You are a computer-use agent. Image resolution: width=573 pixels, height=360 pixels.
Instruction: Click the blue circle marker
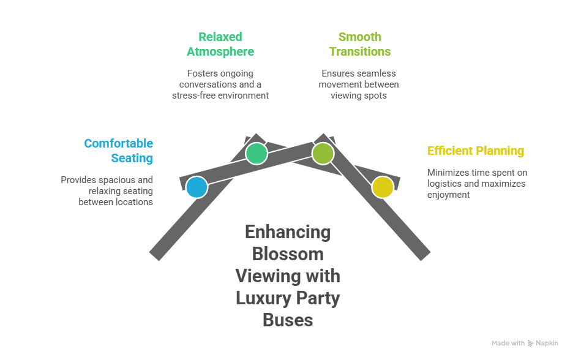click(197, 187)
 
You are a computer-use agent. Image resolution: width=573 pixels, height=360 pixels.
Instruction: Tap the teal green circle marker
click(257, 153)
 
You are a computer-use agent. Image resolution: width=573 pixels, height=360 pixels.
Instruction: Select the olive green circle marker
click(322, 153)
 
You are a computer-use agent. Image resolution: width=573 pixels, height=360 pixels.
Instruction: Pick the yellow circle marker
click(383, 187)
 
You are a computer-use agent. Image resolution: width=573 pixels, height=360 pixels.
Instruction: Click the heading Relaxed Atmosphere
click(220, 44)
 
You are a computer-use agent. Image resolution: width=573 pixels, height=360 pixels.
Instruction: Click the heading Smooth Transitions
click(359, 44)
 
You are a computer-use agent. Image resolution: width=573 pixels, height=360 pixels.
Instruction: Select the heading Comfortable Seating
click(119, 151)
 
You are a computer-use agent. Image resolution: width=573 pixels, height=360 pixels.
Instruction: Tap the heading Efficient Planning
click(476, 151)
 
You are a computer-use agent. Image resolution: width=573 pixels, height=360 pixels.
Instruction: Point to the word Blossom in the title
click(288, 253)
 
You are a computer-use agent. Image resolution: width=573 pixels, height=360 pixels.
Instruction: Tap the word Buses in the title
click(288, 320)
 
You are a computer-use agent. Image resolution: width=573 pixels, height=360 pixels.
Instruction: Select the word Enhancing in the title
click(288, 231)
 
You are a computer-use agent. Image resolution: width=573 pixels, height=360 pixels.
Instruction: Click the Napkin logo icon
click(530, 343)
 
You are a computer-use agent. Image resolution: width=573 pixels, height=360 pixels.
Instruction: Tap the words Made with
click(508, 343)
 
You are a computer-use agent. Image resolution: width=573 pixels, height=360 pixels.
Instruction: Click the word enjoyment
click(448, 195)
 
